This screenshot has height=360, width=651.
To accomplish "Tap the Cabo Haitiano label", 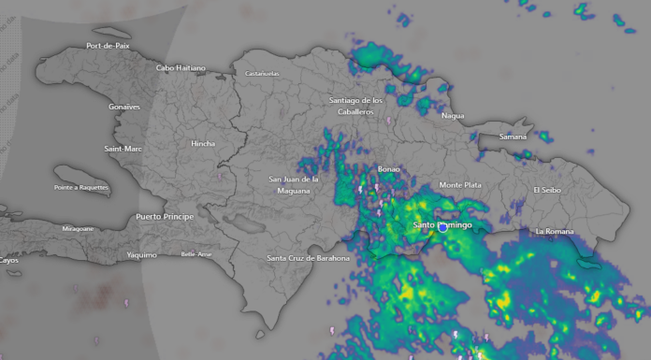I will click(181, 67).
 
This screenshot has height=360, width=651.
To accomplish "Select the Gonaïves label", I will click(123, 107).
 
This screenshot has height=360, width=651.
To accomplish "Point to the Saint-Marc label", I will click(123, 149).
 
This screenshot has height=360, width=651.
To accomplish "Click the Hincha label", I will click(203, 143).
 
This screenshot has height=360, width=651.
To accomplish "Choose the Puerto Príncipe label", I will click(165, 216).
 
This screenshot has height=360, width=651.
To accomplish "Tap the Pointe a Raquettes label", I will click(81, 188).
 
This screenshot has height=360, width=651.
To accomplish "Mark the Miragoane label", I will click(78, 228).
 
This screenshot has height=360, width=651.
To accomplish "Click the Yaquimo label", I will click(141, 254).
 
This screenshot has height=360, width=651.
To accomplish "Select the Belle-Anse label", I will click(196, 254).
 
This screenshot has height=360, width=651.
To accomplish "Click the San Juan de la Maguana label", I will click(294, 184).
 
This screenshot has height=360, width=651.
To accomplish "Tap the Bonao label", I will click(388, 169).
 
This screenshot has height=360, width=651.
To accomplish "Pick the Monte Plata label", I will click(460, 185).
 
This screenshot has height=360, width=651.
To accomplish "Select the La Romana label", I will click(553, 231).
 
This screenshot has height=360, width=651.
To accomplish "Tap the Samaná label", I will click(513, 137).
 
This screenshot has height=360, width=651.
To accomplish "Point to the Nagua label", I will click(453, 116).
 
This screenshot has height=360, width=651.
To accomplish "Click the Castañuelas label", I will click(263, 73).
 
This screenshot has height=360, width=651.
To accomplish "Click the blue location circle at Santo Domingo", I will click(442, 226).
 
